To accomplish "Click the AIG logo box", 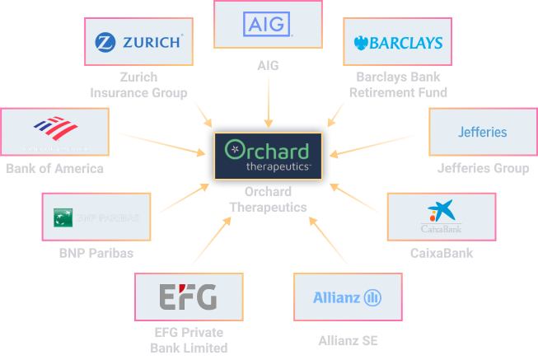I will [269, 25].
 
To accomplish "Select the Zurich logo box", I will [139, 41].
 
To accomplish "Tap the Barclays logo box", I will [398, 43].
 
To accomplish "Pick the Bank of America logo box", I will [54, 132].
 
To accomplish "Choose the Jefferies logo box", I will [482, 132].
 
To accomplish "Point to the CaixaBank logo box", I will [441, 217].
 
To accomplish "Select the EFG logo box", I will [188, 296].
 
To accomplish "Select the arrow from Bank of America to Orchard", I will [161, 143].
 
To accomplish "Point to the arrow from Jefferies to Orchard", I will [379, 143].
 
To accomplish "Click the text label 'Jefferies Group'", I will [483, 169].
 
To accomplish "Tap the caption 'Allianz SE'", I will [347, 339].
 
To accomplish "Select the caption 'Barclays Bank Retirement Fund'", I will [398, 85].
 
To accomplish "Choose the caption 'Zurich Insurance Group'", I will [139, 85].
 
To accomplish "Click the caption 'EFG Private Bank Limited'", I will [188, 339].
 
